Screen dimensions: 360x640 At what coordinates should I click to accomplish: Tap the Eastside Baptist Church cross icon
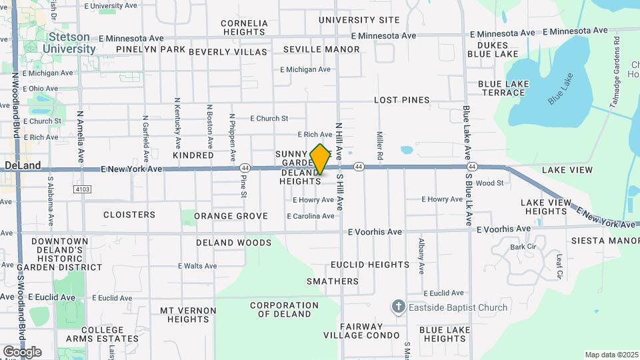pyautogui.click(x=399, y=307)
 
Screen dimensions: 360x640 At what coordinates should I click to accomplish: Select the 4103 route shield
pyautogui.click(x=82, y=189)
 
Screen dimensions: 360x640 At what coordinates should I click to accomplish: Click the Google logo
pyautogui.click(x=22, y=351)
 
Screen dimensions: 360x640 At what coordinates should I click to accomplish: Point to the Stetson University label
pyautogui.click(x=69, y=43)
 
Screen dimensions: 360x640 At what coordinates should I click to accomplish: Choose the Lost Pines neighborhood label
pyautogui.click(x=401, y=100)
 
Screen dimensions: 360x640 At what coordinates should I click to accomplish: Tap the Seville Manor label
pyautogui.click(x=321, y=49)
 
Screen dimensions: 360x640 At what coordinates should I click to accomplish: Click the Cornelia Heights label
pyautogui.click(x=244, y=27)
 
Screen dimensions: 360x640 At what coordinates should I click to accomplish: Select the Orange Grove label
pyautogui.click(x=231, y=216)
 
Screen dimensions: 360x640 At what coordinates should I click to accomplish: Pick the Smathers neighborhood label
pyautogui.click(x=333, y=281)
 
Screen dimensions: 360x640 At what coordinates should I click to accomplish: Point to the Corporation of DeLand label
pyautogui.click(x=285, y=309)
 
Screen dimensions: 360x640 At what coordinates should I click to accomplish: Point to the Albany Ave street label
pyautogui.click(x=421, y=256)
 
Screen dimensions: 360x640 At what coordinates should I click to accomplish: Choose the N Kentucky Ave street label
pyautogui.click(x=177, y=123)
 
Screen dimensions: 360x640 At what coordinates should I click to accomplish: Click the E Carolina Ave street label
pyautogui.click(x=311, y=216)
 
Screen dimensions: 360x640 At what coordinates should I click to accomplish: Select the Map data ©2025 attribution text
pyautogui.click(x=611, y=355)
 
